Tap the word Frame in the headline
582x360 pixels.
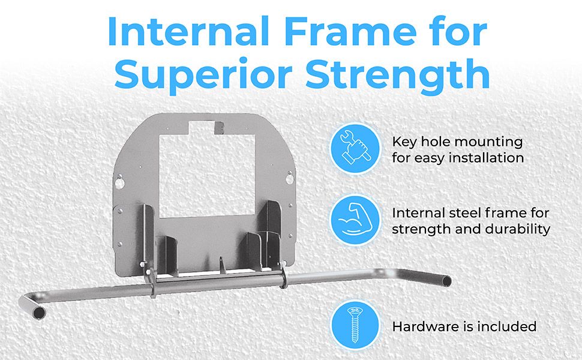[351, 31]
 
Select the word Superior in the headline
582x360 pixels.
[202, 74]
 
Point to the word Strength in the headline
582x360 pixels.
[397, 74]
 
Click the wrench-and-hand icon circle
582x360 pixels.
[356, 148]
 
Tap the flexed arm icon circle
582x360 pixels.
[356, 220]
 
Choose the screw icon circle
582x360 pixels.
[356, 325]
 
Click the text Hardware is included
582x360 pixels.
[464, 326]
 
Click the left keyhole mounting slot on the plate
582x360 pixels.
[119, 181]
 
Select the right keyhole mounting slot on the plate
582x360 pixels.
[290, 178]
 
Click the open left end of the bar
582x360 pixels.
[38, 313]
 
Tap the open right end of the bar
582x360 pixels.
[446, 281]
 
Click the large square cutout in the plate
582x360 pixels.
[207, 176]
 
